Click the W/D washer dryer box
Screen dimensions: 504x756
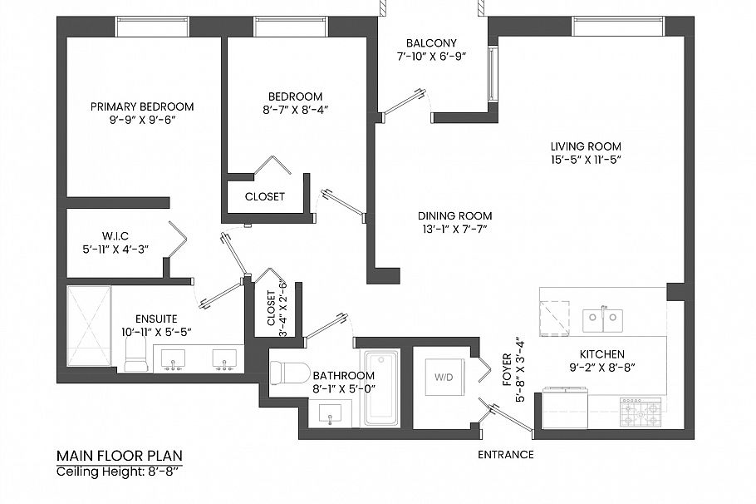coord(444,376)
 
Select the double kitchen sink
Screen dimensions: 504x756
coord(601,318)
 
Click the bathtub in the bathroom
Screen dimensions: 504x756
coord(381,388)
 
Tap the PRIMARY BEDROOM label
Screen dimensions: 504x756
coord(142,106)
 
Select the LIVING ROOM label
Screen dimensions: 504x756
coord(586,146)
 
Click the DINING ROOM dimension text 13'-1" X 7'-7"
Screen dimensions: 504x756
coord(455,227)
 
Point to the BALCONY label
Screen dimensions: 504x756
coord(431,43)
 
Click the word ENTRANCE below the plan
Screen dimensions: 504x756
coord(506,455)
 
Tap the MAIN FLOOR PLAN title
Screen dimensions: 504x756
coord(119,456)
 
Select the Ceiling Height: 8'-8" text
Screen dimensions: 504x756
coord(118,472)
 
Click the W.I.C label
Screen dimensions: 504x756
coord(116,235)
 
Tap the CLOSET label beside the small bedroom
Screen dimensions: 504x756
coord(265,197)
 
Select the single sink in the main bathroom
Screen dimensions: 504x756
coord(330,413)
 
